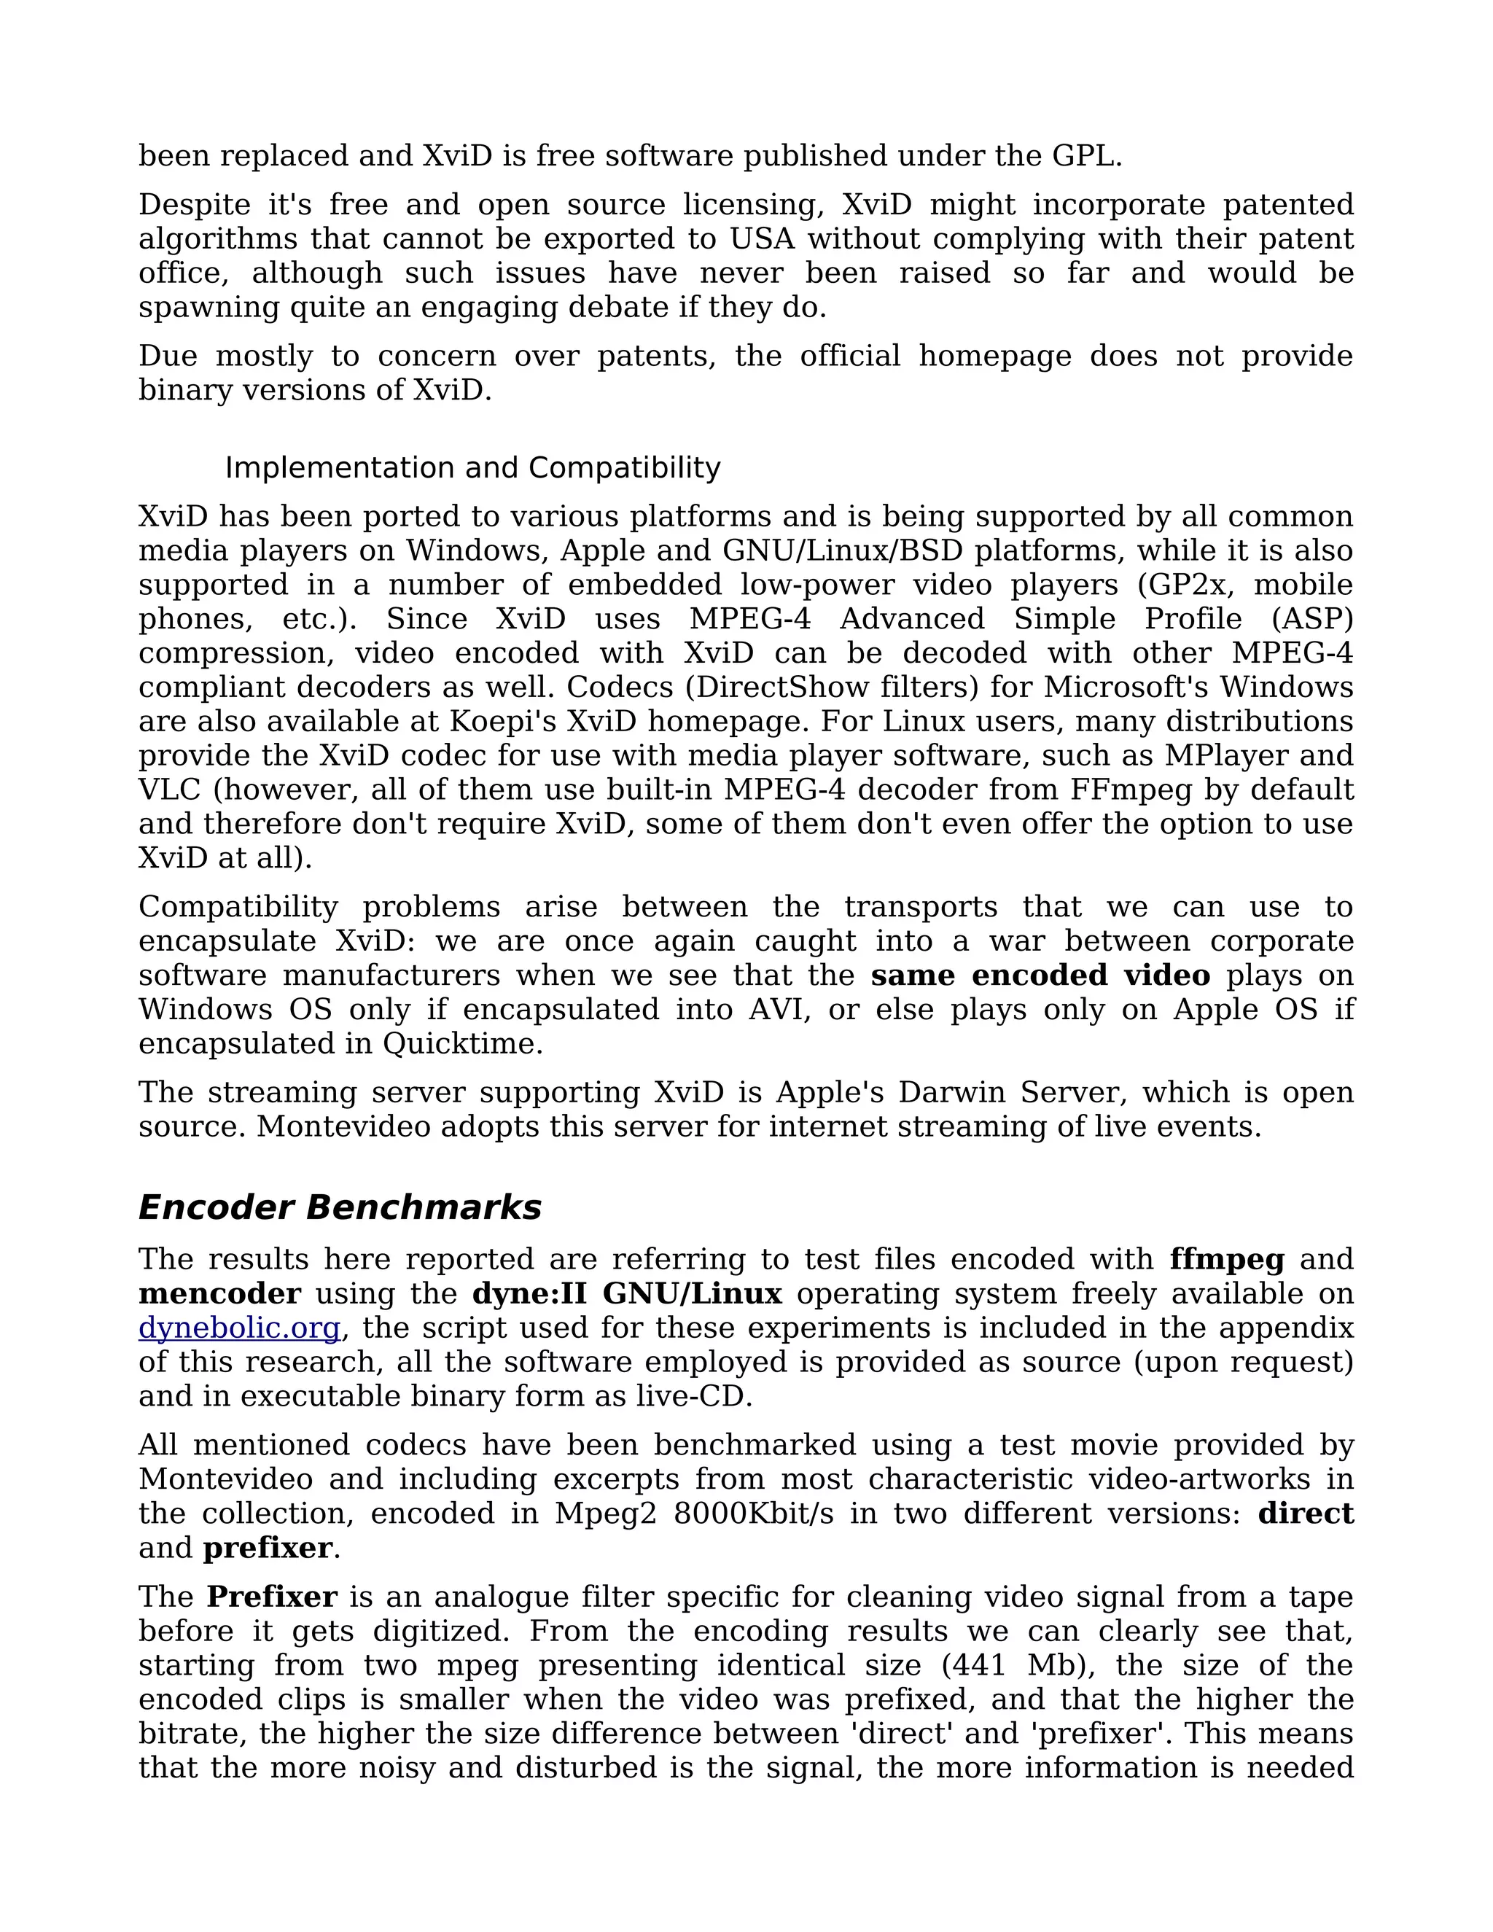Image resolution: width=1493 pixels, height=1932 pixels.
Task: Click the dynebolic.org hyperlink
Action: [240, 1328]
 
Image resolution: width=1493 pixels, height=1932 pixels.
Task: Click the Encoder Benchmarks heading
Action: [340, 1207]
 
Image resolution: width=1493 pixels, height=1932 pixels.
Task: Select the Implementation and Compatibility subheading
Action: [472, 467]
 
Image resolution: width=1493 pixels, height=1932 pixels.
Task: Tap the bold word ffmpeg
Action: [1227, 1259]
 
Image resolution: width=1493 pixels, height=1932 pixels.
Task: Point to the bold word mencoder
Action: [219, 1293]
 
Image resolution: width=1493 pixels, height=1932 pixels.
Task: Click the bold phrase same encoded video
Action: [1040, 975]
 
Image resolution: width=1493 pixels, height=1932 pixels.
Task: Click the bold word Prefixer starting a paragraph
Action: [271, 1597]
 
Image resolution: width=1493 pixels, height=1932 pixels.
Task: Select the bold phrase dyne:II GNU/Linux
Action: [627, 1293]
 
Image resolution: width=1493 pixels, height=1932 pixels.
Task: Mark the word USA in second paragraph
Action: [762, 239]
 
